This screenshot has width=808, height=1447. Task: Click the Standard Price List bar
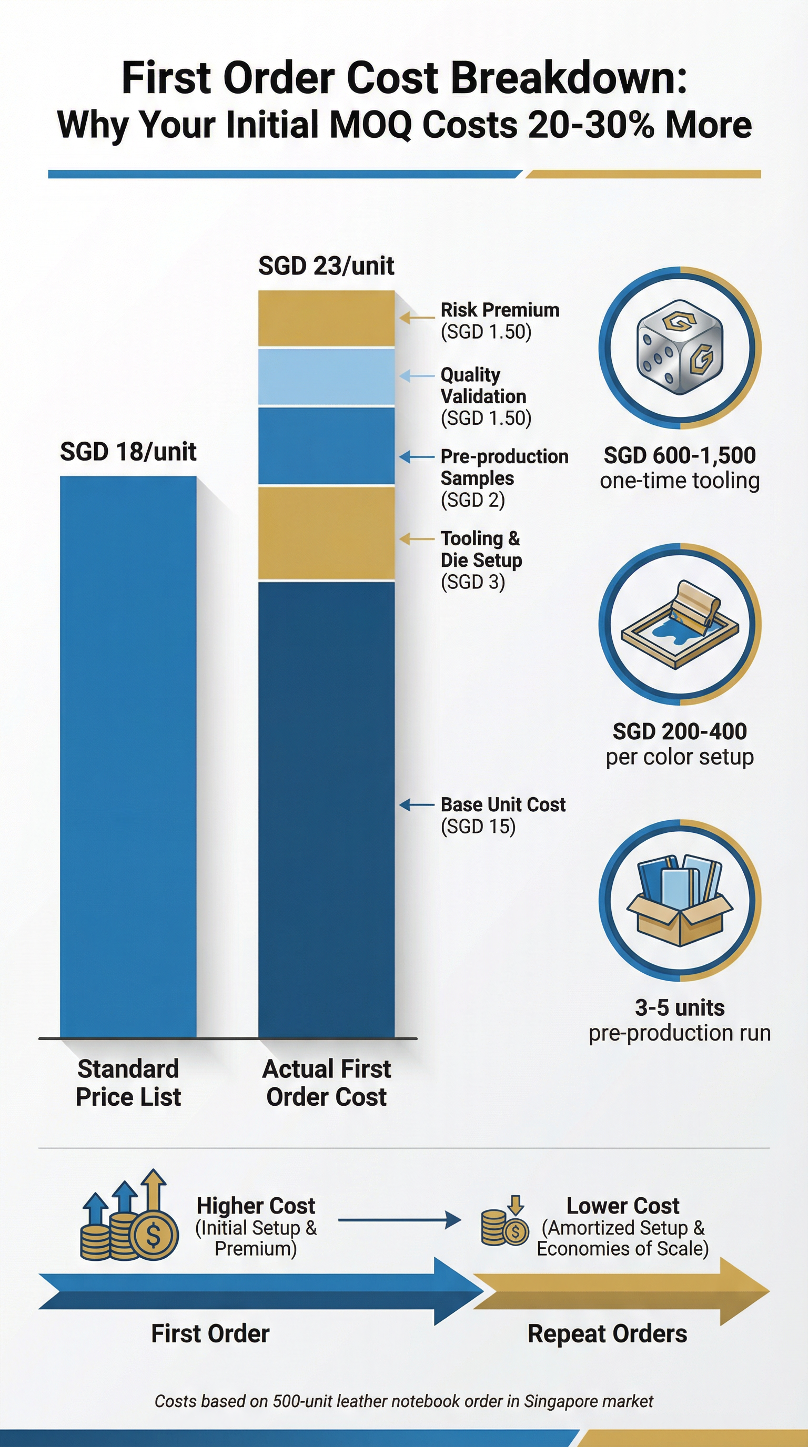pos(128,756)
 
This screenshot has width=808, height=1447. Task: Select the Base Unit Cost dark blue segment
pos(326,809)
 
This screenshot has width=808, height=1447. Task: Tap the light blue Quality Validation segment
pos(326,376)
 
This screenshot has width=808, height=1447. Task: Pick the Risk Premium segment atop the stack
pos(326,318)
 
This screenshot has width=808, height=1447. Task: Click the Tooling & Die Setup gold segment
pos(326,533)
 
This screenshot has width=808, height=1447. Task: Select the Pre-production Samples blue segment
pos(326,445)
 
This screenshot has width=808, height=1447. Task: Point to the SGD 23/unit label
pos(326,266)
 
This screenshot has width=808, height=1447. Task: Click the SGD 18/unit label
pos(128,452)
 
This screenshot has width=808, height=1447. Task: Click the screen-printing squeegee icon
pos(679,624)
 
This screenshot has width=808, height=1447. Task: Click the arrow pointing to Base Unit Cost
pos(416,805)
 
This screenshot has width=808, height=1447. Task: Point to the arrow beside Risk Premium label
pos(416,318)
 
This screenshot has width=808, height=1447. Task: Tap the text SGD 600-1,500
pos(679,455)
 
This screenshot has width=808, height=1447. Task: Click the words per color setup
pos(679,757)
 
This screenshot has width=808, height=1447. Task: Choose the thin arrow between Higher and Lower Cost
pos(399,1219)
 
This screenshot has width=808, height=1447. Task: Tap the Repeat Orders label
pos(607,1333)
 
